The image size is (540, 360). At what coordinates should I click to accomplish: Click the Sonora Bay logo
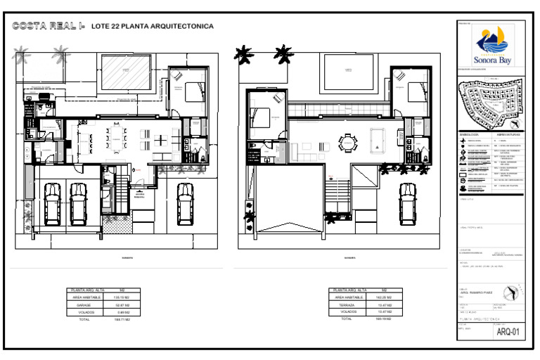coord(495,45)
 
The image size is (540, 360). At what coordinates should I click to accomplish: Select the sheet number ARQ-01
coord(508,332)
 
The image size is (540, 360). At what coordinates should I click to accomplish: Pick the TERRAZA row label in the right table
coord(345,305)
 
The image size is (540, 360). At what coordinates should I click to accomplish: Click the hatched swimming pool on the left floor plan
coord(127,70)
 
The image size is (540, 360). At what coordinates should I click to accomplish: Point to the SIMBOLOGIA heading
coord(469,134)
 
